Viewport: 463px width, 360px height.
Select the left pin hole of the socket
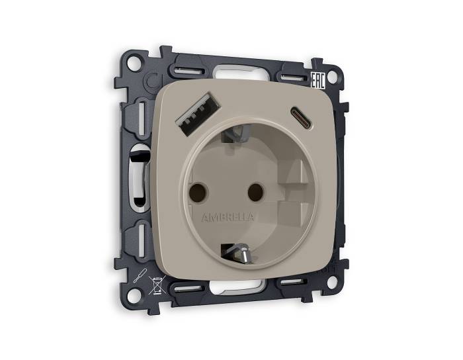[196, 192]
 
